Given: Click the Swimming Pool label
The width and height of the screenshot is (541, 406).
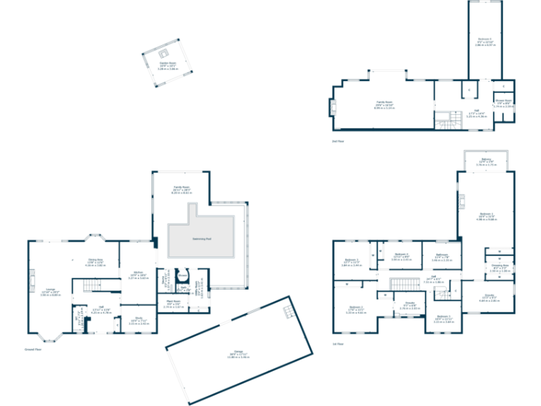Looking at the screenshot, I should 201,239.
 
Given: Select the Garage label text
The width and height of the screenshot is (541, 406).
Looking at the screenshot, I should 238,355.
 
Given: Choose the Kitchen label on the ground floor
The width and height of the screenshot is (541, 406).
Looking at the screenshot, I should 138,276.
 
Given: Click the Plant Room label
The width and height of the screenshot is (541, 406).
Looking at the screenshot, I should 174,304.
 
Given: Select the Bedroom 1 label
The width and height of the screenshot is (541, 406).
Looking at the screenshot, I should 486,216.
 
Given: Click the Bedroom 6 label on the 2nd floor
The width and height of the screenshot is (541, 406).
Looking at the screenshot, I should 485,42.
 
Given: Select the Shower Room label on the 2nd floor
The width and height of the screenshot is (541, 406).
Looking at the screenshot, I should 503,105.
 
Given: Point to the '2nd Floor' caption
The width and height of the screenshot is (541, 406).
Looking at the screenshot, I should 338,142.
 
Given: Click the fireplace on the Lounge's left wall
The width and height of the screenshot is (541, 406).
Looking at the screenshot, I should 32,285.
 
